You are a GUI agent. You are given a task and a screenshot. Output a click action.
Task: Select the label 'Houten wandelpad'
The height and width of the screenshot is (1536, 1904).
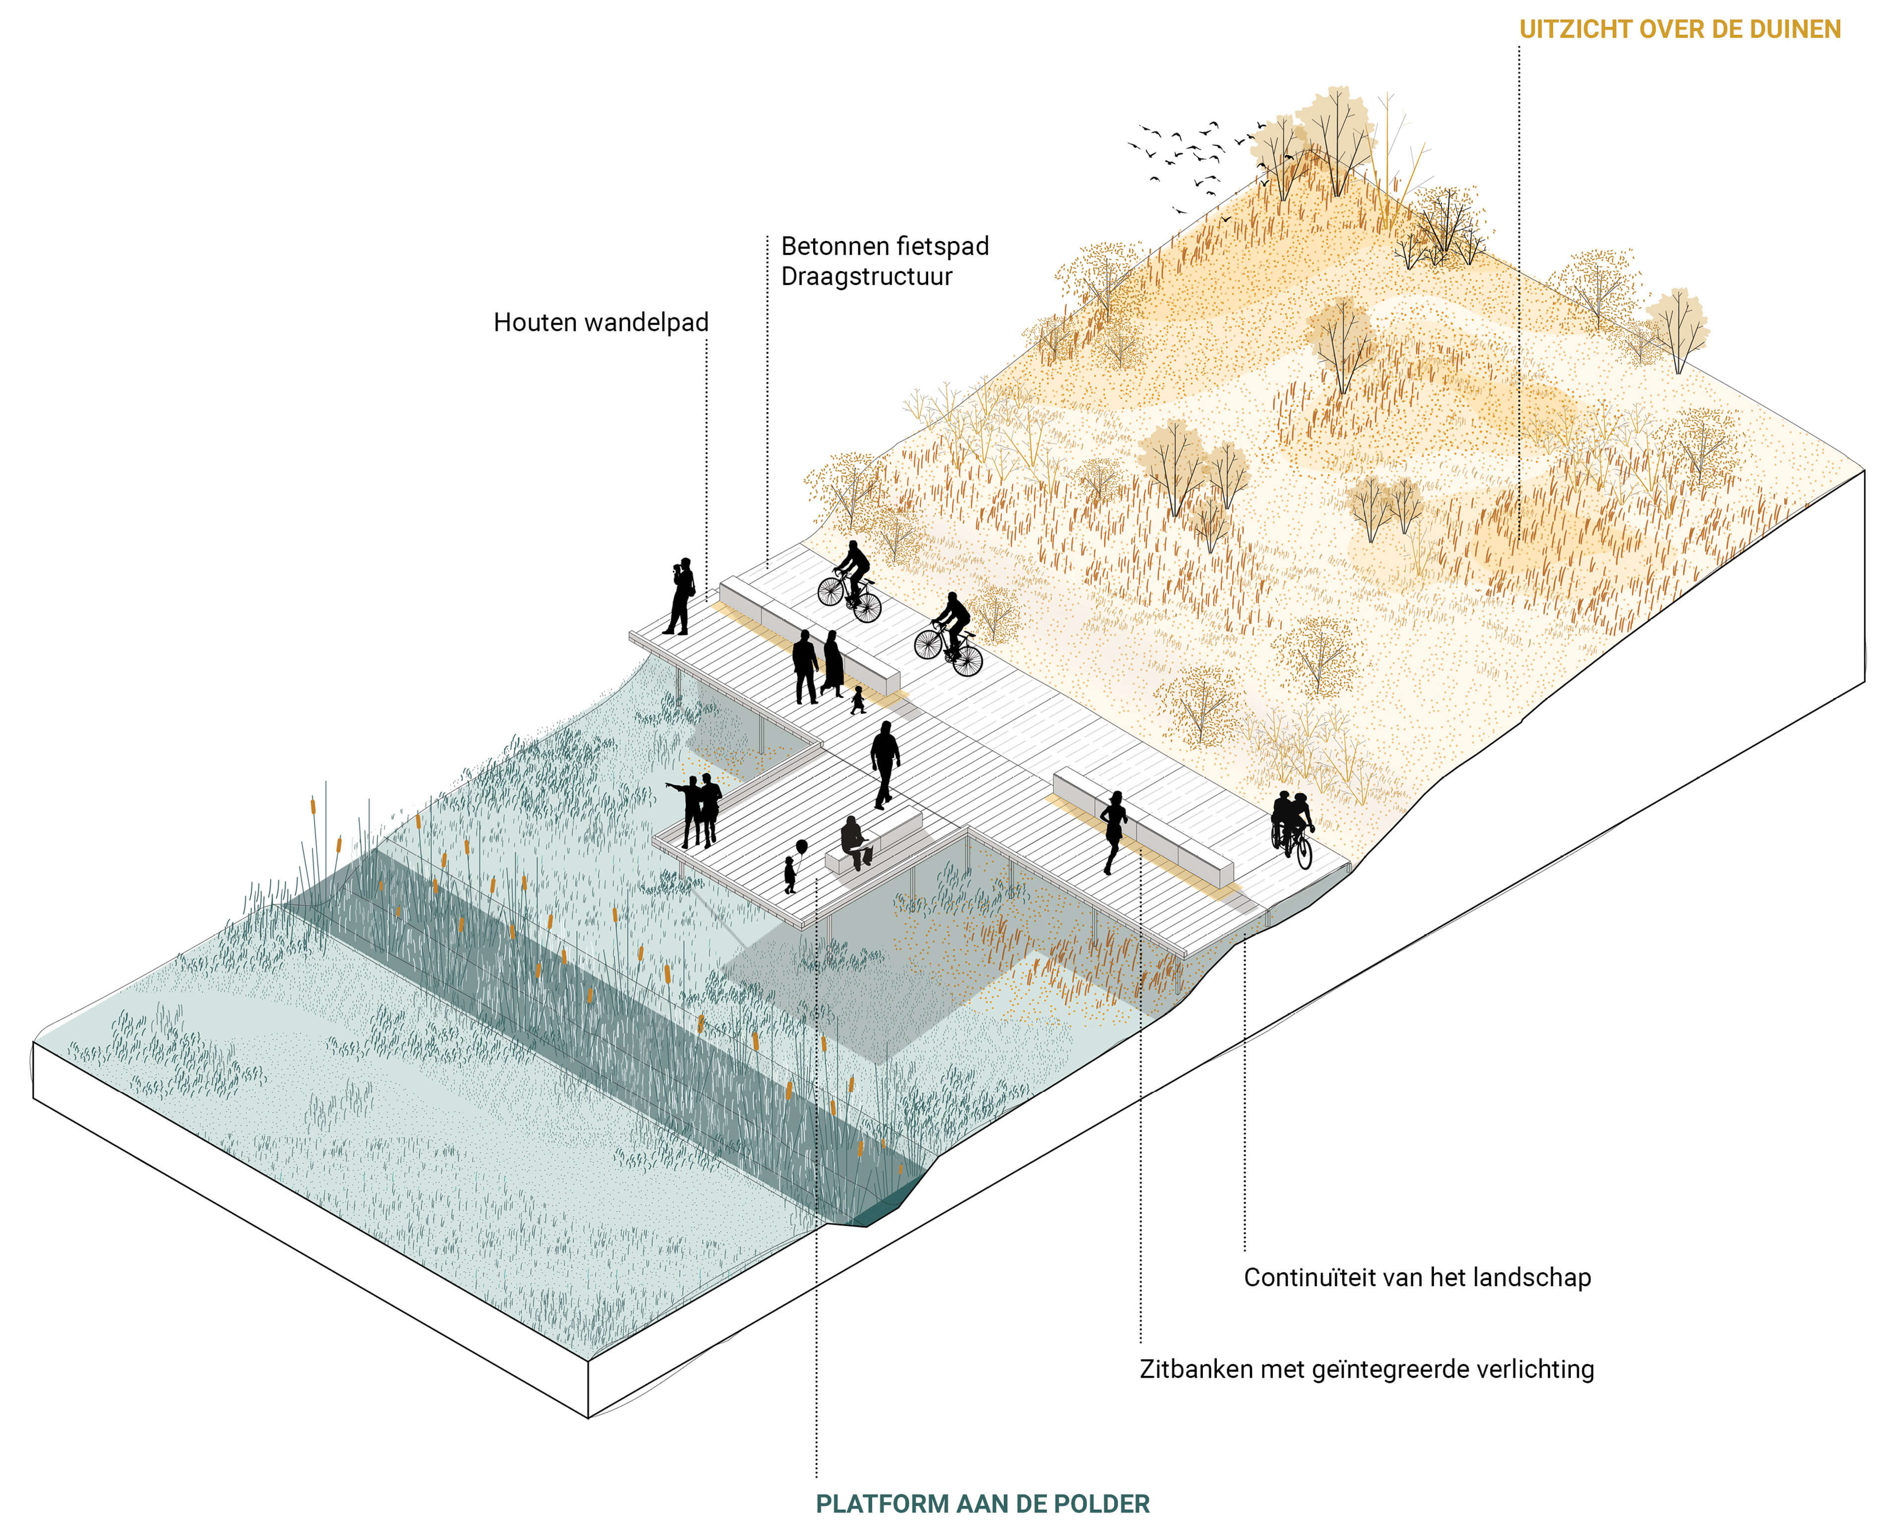pos(601,322)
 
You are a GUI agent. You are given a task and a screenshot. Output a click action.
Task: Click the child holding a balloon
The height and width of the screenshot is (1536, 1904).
pos(789,874)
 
